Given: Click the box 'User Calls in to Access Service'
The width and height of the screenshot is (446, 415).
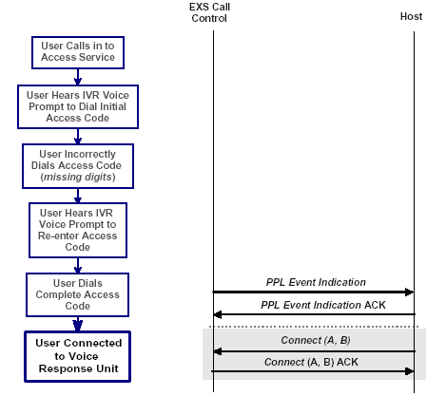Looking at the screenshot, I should tap(78, 51).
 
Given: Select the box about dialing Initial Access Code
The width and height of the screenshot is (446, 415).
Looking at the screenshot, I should tap(78, 106).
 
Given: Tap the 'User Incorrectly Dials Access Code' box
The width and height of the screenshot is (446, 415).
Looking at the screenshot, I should tap(78, 165).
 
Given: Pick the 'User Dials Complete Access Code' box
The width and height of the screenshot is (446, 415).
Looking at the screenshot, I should tap(78, 293).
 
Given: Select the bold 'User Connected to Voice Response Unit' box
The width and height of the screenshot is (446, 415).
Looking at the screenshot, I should tap(78, 355).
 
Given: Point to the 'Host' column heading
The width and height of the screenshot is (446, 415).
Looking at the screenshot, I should tap(412, 17).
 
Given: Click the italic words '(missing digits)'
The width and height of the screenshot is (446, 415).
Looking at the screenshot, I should tap(78, 178).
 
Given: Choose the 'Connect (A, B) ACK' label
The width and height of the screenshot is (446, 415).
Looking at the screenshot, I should tap(315, 362).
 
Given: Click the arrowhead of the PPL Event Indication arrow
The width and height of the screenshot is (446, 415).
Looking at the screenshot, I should tap(409, 292).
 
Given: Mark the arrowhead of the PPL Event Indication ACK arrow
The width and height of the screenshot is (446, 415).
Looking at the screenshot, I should tap(218, 314).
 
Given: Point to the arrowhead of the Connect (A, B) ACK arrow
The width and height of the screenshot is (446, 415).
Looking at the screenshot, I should tap(409, 371).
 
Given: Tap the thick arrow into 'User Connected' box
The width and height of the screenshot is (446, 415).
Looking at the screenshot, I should tap(78, 323).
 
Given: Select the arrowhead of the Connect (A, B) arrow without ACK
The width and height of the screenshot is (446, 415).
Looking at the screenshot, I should tap(218, 350).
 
